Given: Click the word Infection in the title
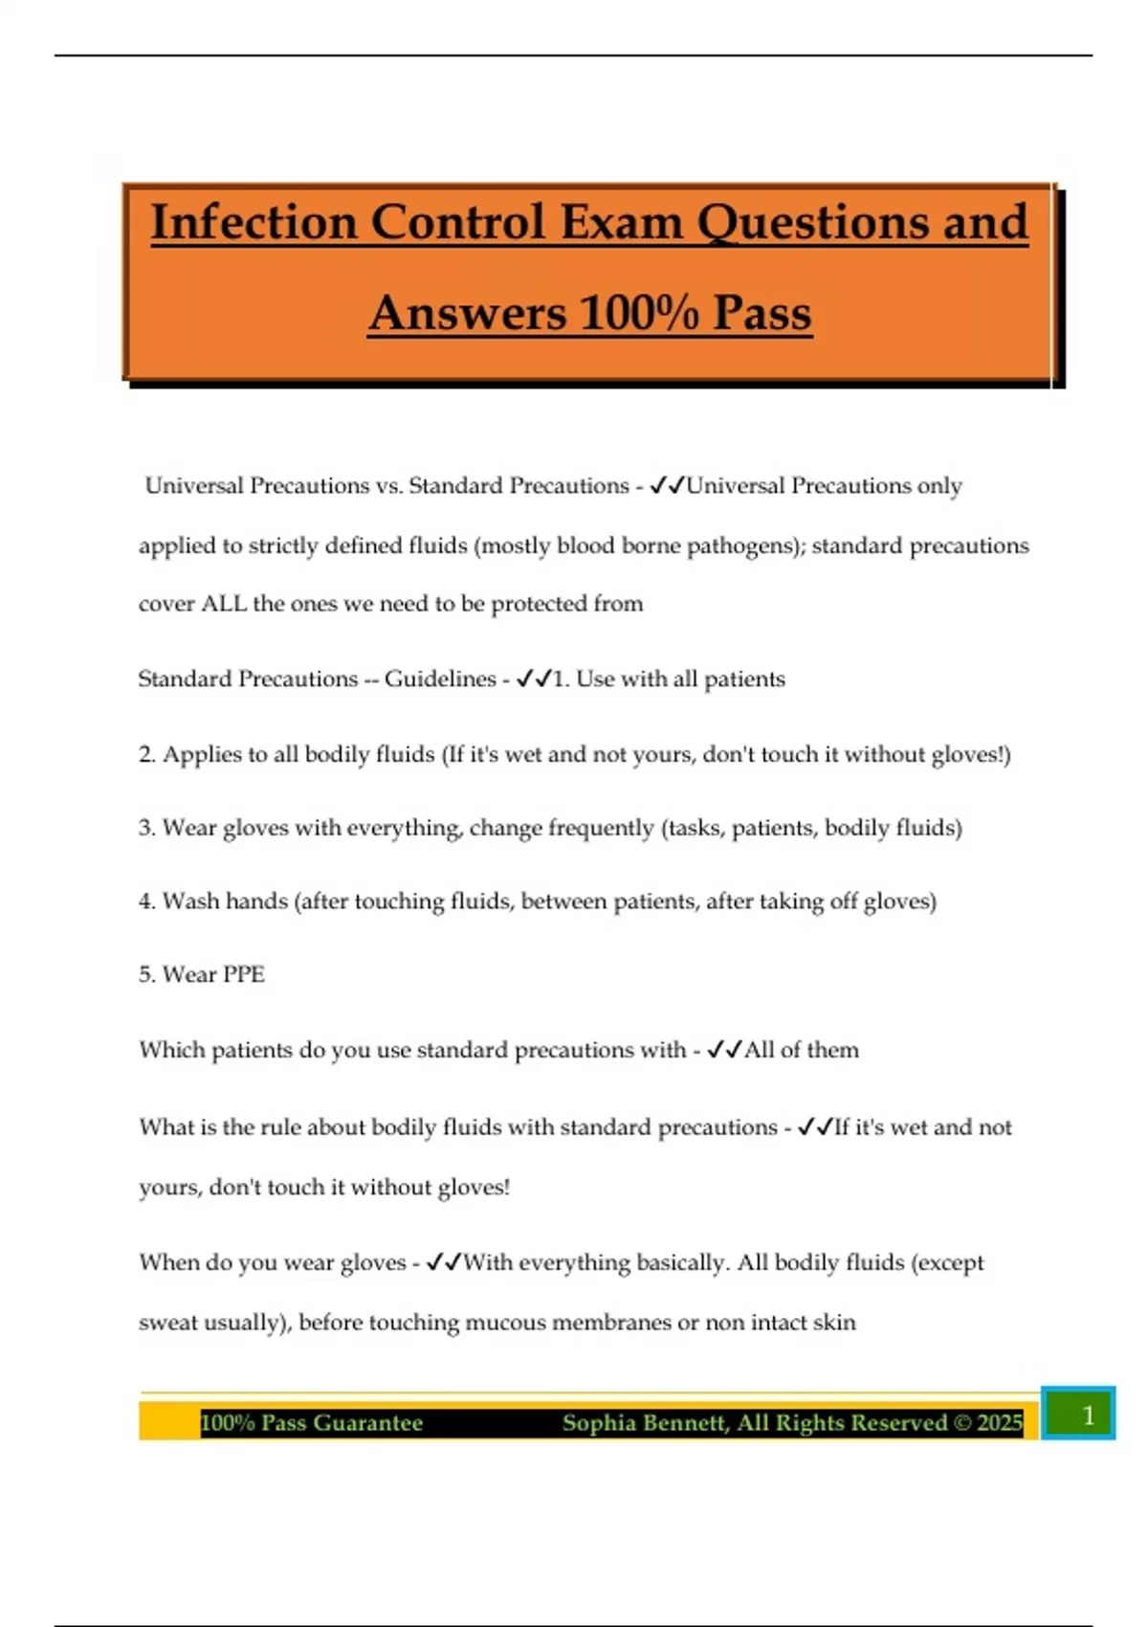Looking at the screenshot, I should coord(254,222).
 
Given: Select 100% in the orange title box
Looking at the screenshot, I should coord(638,313).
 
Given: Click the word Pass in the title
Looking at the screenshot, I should coord(762,313).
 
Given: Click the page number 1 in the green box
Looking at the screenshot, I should coord(1087,1415).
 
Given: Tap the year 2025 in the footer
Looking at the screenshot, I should coord(1000,1423).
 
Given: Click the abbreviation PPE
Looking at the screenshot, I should coord(243,974).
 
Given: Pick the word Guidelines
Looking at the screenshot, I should coord(440,679).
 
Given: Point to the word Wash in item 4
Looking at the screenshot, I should coord(190,902).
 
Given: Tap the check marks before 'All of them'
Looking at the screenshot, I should coord(724,1050).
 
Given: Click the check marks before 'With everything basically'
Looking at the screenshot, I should coord(444,1263).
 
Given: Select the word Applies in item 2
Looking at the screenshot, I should coord(199,755).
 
